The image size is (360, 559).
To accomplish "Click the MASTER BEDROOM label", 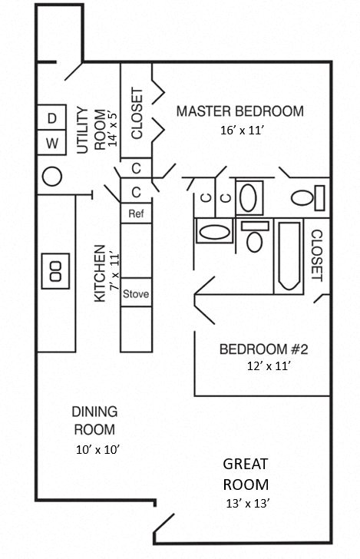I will pyautogui.click(x=239, y=111).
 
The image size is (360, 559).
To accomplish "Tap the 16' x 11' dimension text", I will pyautogui.click(x=242, y=131).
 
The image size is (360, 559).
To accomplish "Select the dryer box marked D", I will pyautogui.click(x=52, y=118).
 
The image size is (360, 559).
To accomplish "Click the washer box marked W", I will pyautogui.click(x=52, y=143).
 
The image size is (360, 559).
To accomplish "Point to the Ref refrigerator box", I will pyautogui.click(x=136, y=213).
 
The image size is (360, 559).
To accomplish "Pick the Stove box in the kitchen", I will pyautogui.click(x=136, y=293).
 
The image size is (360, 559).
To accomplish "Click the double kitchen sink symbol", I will pyautogui.click(x=55, y=270).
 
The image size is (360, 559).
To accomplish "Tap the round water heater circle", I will pyautogui.click(x=51, y=177).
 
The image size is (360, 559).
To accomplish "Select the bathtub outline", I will pyautogui.click(x=289, y=257).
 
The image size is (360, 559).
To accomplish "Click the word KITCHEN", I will pyautogui.click(x=100, y=274).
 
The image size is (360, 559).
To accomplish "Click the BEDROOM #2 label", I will pyautogui.click(x=263, y=350).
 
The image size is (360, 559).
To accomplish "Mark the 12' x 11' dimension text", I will pyautogui.click(x=263, y=367).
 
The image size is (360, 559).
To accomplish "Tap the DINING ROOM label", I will pyautogui.click(x=94, y=421).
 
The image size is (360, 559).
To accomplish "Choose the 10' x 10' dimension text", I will pyautogui.click(x=96, y=448).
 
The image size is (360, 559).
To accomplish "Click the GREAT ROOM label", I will pyautogui.click(x=246, y=475).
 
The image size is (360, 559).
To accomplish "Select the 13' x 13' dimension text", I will pyautogui.click(x=246, y=504).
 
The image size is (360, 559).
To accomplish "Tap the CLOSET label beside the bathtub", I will pyautogui.click(x=316, y=255).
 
